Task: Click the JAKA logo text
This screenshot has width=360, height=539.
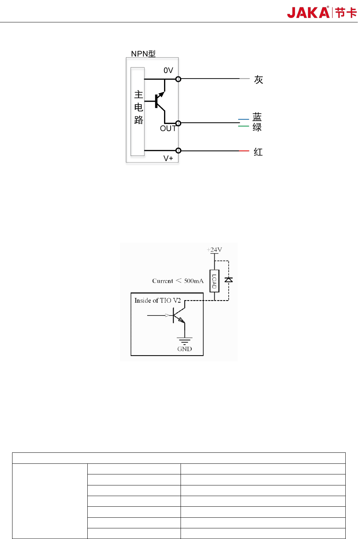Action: [x=308, y=12]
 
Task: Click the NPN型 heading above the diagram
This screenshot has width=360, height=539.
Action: [x=143, y=54]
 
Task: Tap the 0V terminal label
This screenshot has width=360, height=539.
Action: [x=168, y=70]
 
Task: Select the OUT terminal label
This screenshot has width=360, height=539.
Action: [x=168, y=128]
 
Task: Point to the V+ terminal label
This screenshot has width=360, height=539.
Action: [x=168, y=158]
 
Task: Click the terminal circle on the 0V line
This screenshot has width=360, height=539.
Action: [x=178, y=79]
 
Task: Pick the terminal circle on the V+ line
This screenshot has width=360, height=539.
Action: [x=178, y=150]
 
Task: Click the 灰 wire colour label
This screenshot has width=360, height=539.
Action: [x=258, y=80]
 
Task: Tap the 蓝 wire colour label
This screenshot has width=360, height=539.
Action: [x=257, y=117]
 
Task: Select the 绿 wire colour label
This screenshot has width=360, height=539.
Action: [x=257, y=127]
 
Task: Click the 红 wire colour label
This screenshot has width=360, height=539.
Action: [x=258, y=152]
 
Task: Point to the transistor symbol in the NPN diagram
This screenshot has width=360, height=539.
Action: [x=160, y=101]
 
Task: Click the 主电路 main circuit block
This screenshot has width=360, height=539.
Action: [x=138, y=112]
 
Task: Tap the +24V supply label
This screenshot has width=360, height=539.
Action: [x=215, y=250]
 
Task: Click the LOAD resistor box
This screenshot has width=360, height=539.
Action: [x=214, y=281]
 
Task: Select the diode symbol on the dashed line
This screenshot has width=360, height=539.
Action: [x=229, y=280]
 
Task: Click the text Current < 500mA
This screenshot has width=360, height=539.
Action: [x=178, y=281]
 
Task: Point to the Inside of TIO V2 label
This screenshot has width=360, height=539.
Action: [x=157, y=301]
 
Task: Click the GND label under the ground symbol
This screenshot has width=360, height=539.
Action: [x=185, y=349]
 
